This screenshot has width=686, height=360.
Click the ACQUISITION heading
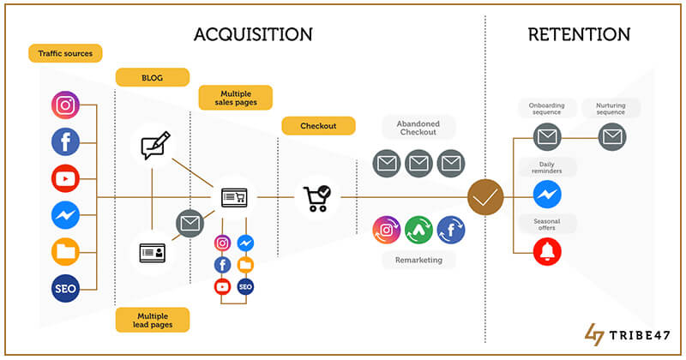(x=253, y=35)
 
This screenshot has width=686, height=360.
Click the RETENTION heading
(x=579, y=35)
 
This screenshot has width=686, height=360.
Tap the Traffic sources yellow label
(x=65, y=53)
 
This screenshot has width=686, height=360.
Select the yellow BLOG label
(x=152, y=77)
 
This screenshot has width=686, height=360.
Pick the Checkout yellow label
(x=317, y=126)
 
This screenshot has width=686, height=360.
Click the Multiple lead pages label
(x=152, y=320)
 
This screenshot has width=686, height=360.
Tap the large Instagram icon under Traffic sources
(x=65, y=106)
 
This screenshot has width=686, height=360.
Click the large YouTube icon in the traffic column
(x=65, y=178)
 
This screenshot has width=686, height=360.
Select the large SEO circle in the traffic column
(x=65, y=288)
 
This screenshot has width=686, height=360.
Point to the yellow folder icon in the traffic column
(x=65, y=251)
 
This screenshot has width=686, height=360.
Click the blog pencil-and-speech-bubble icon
(x=153, y=146)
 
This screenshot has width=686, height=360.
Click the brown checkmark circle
(x=485, y=198)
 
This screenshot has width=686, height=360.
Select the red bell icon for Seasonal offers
(x=547, y=249)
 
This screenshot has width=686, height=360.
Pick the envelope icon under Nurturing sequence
(x=611, y=136)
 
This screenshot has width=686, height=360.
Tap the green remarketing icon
(x=418, y=229)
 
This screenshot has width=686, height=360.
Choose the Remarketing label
(x=418, y=259)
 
